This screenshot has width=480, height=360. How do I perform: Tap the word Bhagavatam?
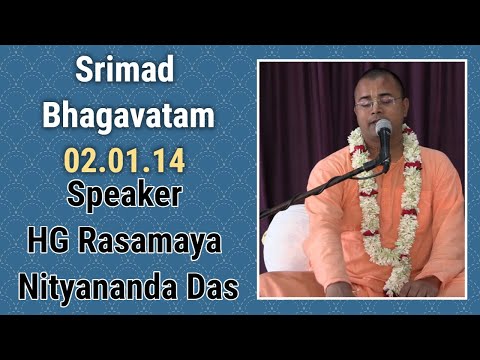click(127, 116)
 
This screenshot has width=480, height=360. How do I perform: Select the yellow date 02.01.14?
click(126, 160)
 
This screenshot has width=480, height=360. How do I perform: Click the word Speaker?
click(124, 194)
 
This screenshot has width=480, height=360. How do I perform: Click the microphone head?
click(382, 128)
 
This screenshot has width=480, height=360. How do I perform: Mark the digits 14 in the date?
click(170, 160)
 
